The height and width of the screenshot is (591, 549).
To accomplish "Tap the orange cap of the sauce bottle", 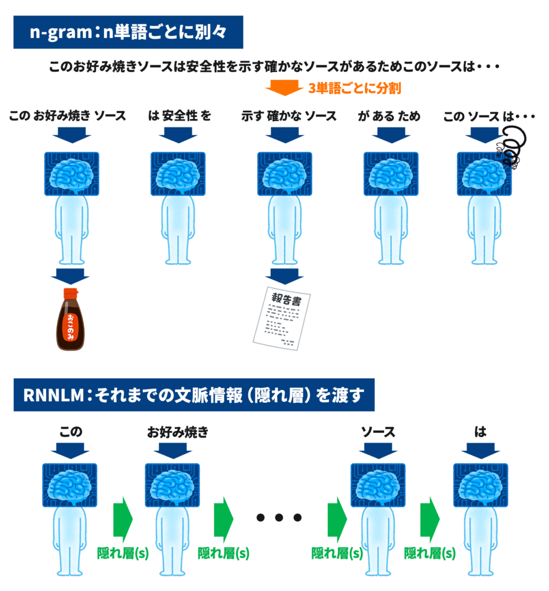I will (70, 293).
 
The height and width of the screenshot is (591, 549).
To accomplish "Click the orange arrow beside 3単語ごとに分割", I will (283, 88).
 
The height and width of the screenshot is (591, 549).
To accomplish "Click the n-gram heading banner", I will (128, 32).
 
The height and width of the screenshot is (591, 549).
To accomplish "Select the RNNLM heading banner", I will (194, 395).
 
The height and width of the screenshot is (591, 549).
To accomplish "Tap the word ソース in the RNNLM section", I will (378, 432).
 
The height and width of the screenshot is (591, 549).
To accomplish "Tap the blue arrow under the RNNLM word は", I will (480, 450).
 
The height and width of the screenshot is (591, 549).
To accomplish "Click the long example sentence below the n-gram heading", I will (274, 67).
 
